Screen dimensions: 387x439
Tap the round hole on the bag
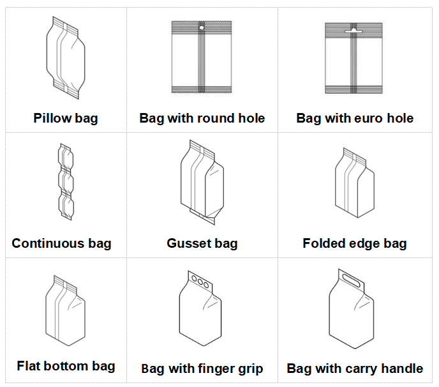coord(202,28)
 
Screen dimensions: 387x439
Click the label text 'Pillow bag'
coord(66,118)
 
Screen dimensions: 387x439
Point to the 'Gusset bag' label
coord(202,243)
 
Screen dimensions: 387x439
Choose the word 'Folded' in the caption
coord(325,243)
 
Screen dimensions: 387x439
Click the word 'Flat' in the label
coord(30,366)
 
